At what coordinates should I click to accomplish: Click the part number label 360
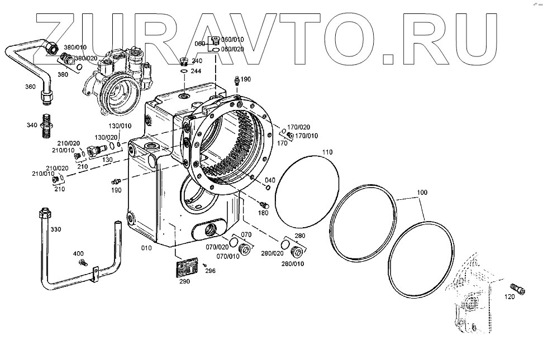[x=30, y=87]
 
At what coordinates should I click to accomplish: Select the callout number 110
[x=327, y=151]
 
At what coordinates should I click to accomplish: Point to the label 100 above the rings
[x=422, y=193]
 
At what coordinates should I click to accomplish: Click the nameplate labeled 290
[x=187, y=268]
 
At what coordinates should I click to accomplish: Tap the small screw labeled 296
[x=205, y=265]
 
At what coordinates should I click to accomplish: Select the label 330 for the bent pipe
[x=56, y=230]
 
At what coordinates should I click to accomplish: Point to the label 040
[x=270, y=180]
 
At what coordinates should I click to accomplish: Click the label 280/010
[x=293, y=263]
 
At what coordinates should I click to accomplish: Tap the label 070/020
[x=217, y=247]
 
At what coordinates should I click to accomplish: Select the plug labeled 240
[x=184, y=61]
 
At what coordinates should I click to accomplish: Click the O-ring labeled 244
[x=184, y=70]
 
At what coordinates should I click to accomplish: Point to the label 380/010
[x=75, y=47]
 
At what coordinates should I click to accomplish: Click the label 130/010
[x=120, y=126]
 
